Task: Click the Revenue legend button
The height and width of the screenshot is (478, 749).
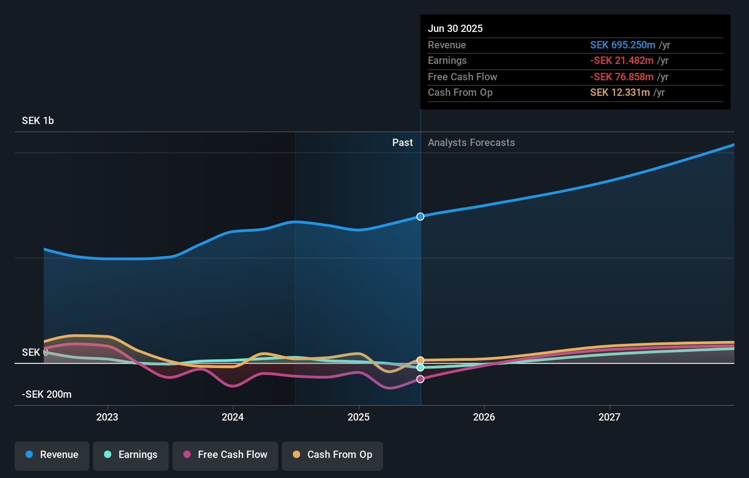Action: click(x=52, y=455)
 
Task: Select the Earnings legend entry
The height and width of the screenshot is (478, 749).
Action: click(x=131, y=455)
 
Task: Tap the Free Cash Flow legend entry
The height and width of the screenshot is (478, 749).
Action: click(x=225, y=455)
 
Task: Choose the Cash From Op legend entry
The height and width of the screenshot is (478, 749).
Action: click(x=333, y=455)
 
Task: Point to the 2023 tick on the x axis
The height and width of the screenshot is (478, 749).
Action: click(x=107, y=417)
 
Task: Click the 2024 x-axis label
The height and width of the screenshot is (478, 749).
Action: click(x=233, y=417)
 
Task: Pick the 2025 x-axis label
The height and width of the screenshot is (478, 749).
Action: click(x=359, y=417)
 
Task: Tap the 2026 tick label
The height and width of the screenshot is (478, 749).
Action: click(x=484, y=417)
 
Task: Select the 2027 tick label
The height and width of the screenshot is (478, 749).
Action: click(x=609, y=417)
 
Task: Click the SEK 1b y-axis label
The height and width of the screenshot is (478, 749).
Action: click(x=38, y=121)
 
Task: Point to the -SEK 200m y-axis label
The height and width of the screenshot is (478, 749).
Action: click(x=47, y=395)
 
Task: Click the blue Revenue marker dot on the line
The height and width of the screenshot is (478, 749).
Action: click(x=421, y=217)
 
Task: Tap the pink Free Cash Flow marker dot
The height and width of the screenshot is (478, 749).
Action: click(x=421, y=379)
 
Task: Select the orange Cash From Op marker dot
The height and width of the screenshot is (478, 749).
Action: click(x=421, y=360)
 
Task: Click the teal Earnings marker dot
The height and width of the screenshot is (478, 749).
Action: click(x=421, y=368)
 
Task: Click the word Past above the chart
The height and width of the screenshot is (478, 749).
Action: click(x=402, y=143)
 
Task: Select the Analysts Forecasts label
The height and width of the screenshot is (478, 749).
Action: click(x=471, y=143)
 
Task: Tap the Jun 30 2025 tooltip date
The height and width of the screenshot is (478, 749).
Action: click(x=455, y=29)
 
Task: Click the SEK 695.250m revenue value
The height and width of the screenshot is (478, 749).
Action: click(x=623, y=45)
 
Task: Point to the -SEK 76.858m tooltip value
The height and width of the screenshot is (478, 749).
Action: click(x=622, y=77)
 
